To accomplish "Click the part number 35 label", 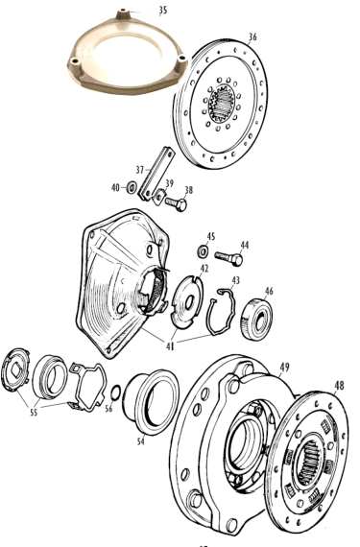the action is [x=163, y=11].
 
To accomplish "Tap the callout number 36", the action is [x=252, y=36].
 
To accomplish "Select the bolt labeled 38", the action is [x=177, y=203].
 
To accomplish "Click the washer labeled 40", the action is [x=132, y=188].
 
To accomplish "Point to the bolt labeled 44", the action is [x=229, y=258].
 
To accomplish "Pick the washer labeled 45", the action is [x=203, y=250].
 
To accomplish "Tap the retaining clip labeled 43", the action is [x=222, y=311].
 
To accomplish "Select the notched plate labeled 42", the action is [x=187, y=301].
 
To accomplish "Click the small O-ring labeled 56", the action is [x=116, y=392].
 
